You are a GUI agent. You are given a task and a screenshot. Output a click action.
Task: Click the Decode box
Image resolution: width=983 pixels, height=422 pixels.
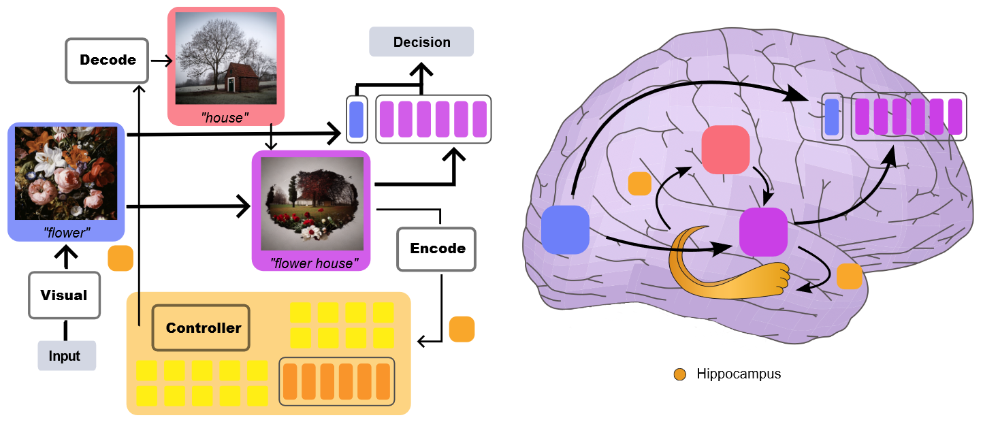click(107, 61)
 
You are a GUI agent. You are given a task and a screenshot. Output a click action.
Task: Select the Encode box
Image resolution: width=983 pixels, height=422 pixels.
click(436, 248)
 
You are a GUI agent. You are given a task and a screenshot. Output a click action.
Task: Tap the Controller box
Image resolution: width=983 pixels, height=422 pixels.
click(201, 327)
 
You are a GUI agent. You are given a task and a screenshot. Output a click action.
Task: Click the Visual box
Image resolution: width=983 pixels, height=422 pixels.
click(65, 295)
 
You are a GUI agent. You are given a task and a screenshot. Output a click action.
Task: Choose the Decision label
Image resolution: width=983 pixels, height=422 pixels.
click(421, 42)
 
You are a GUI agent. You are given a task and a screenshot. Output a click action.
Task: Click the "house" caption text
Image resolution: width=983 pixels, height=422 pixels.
click(225, 118)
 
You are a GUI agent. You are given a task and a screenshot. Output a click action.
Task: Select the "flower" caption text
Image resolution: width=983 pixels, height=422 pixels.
click(67, 233)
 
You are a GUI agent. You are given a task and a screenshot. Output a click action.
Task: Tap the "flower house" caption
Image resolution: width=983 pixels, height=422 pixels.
click(314, 263)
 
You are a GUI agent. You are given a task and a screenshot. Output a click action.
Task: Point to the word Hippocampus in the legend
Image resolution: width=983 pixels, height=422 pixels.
click(739, 374)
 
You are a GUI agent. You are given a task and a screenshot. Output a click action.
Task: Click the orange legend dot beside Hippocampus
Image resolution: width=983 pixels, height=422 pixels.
click(680, 374)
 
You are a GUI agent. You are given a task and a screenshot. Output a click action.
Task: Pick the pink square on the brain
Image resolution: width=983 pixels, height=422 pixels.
click(726, 150)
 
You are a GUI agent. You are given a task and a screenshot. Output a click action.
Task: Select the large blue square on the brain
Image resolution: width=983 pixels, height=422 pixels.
click(565, 230)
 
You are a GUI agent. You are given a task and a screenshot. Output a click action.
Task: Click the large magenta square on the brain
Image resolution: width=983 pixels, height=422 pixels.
click(763, 231)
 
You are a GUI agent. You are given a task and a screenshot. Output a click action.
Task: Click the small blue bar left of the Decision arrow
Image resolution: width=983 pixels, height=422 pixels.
click(357, 119)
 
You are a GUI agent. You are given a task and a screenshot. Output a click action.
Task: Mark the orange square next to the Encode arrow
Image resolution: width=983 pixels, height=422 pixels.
click(462, 329)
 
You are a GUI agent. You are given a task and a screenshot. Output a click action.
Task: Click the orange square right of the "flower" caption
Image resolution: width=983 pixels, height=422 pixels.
click(120, 259)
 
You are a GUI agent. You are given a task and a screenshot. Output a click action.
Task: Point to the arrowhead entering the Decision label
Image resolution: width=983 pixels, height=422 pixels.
click(421, 69)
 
